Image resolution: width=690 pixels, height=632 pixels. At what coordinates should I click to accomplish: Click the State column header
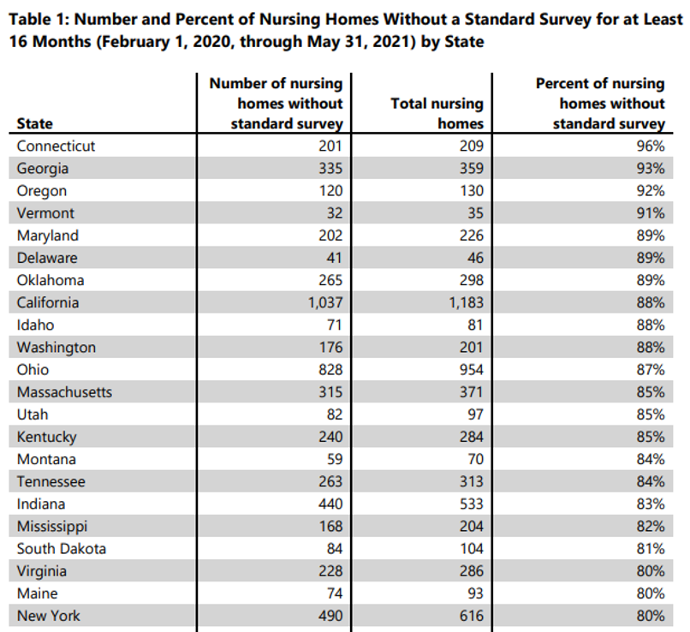click(34, 123)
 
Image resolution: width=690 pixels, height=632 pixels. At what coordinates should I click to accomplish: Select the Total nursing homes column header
click(437, 113)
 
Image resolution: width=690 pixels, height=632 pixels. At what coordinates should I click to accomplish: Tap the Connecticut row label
click(56, 146)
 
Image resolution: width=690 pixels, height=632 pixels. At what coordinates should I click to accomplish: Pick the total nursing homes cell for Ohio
click(469, 370)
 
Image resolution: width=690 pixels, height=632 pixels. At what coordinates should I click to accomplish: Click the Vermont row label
click(45, 213)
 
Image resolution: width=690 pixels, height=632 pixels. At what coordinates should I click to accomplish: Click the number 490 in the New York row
click(330, 616)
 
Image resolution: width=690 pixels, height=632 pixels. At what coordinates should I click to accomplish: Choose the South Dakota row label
click(61, 549)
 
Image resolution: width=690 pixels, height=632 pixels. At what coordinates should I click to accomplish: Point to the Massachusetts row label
click(64, 392)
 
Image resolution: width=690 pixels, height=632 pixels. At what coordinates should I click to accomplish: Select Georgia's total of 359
click(469, 169)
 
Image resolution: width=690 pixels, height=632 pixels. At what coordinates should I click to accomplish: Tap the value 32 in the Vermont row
click(333, 213)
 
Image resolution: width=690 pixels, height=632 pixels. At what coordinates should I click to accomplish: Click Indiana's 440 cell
click(330, 504)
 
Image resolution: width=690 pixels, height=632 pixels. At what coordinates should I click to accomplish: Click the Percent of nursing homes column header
click(599, 104)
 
